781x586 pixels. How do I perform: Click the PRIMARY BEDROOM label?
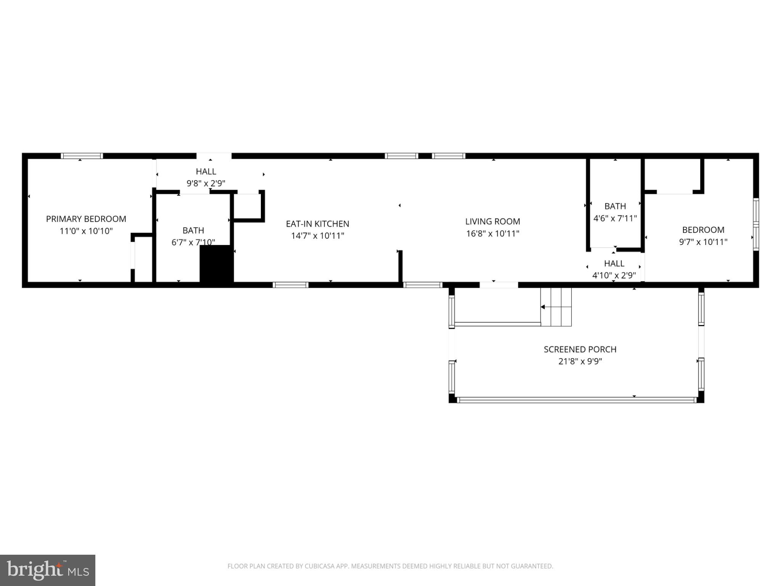86,219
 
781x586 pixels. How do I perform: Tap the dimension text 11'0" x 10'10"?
86,231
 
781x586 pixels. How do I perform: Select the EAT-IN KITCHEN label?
317,224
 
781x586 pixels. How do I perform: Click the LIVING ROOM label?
492,222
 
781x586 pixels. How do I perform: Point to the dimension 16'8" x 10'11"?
492,234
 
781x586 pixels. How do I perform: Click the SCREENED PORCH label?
580,349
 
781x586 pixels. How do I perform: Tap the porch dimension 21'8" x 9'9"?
580,362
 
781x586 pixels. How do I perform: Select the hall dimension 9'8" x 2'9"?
206,184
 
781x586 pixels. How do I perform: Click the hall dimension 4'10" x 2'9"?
614,275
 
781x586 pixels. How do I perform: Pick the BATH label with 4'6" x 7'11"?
615,206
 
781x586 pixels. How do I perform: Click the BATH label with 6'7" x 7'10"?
193,230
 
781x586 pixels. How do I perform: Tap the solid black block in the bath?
216,264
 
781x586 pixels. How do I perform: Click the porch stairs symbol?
556,307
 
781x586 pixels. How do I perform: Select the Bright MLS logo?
48,570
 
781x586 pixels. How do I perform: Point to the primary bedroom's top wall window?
82,156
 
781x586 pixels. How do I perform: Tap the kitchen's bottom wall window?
291,285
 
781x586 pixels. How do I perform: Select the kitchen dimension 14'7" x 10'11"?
317,236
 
